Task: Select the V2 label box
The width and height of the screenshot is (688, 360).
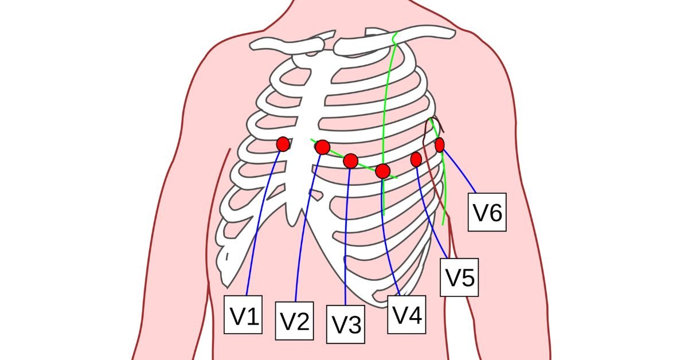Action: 295,320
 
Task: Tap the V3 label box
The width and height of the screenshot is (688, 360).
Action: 346,324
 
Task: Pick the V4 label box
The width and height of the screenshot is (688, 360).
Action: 406,314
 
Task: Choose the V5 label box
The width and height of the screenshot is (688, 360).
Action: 459,277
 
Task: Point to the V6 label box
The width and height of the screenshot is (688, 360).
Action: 487,213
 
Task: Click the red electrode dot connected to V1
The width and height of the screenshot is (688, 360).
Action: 283,144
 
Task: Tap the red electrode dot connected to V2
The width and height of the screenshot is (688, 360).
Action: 322,147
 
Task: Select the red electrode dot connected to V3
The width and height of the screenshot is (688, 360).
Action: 351,161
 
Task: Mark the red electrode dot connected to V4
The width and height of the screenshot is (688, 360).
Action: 383,170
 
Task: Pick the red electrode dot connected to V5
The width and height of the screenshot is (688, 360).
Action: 416,159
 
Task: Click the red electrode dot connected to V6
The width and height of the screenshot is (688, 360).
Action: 440,145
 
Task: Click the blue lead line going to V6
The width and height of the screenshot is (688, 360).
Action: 459,170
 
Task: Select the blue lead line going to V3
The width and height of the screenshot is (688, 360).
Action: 346,241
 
